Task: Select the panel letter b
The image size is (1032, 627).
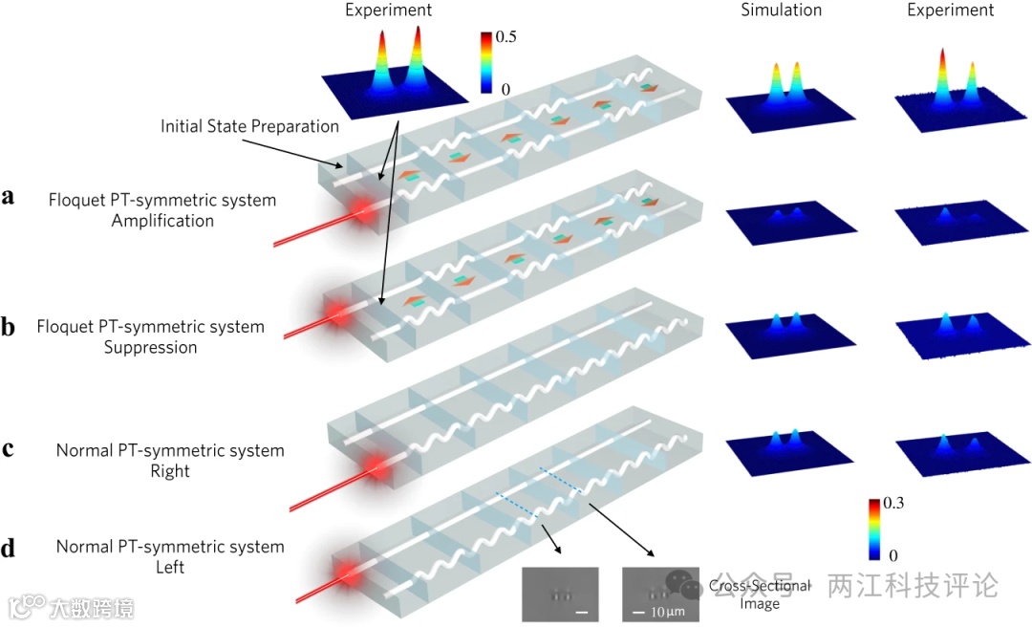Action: coord(9,327)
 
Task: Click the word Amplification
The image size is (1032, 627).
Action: coord(162,221)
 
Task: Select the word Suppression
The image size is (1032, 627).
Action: coord(151,347)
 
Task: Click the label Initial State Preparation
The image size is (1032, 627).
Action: coord(249,126)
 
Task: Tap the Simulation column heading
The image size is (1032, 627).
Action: coord(781,11)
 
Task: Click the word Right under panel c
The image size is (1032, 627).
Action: coord(170,471)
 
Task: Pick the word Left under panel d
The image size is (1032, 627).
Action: coord(170,568)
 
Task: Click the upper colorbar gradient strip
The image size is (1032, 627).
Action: coord(486,63)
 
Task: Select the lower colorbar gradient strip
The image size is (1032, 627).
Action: coord(874,529)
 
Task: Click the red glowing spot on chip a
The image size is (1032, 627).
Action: coord(362,210)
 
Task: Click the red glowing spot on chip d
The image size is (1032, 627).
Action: coord(343,579)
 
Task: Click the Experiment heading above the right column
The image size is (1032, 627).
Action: coord(950,11)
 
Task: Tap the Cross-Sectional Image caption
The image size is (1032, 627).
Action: coord(760,594)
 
